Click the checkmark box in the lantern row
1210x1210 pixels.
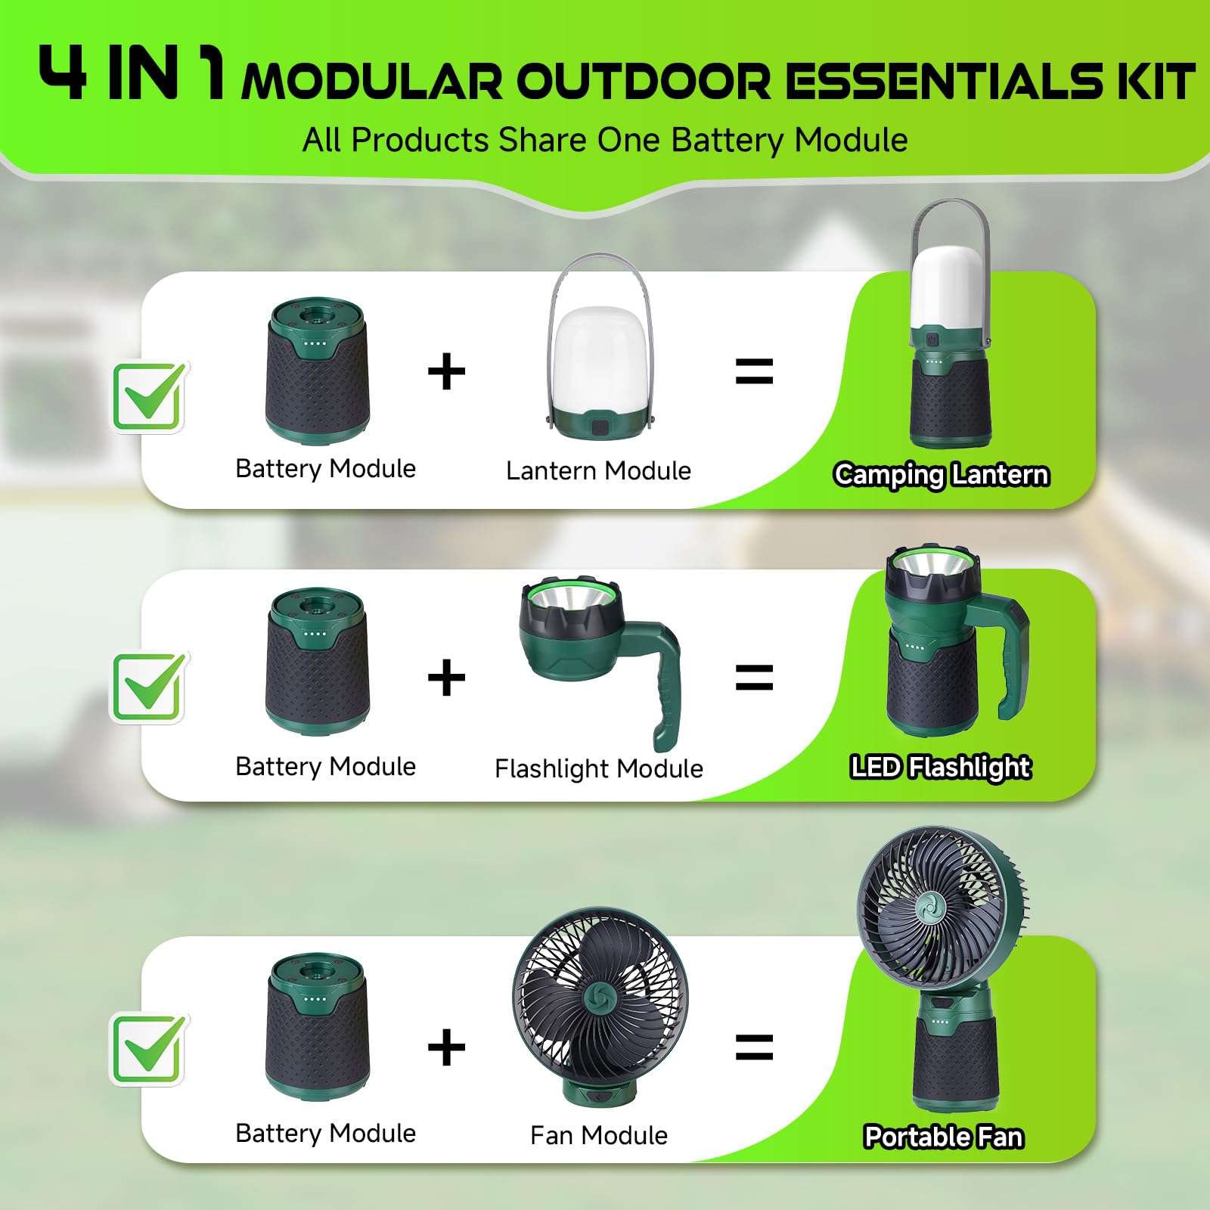click(x=150, y=396)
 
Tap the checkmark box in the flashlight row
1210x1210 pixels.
click(x=150, y=687)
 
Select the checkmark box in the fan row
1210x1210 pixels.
click(x=150, y=1049)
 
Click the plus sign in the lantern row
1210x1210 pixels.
click(x=446, y=372)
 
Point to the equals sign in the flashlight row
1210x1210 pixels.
click(x=754, y=678)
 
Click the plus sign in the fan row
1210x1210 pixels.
click(x=446, y=1047)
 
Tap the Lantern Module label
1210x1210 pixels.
click(x=598, y=470)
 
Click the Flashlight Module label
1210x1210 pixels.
click(x=599, y=768)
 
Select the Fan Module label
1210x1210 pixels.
click(x=599, y=1135)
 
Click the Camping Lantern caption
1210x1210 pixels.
click(x=942, y=475)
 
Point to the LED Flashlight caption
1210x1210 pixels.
click(x=941, y=767)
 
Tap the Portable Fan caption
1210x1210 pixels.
click(x=944, y=1137)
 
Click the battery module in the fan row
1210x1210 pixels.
click(x=318, y=1026)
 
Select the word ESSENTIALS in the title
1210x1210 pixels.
click(x=945, y=80)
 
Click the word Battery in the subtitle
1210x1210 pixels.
click(x=727, y=141)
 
